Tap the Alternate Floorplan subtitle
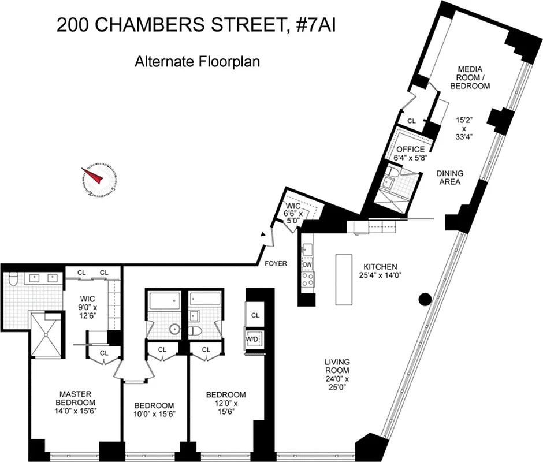click(x=197, y=61)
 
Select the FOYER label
click(x=276, y=264)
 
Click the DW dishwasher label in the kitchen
click(x=307, y=265)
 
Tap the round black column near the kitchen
click(x=425, y=299)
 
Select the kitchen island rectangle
click(x=345, y=279)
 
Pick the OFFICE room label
click(x=410, y=150)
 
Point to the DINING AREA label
click(x=448, y=177)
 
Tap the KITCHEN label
click(x=380, y=267)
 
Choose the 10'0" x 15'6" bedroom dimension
click(x=154, y=414)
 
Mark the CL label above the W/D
click(x=254, y=315)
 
